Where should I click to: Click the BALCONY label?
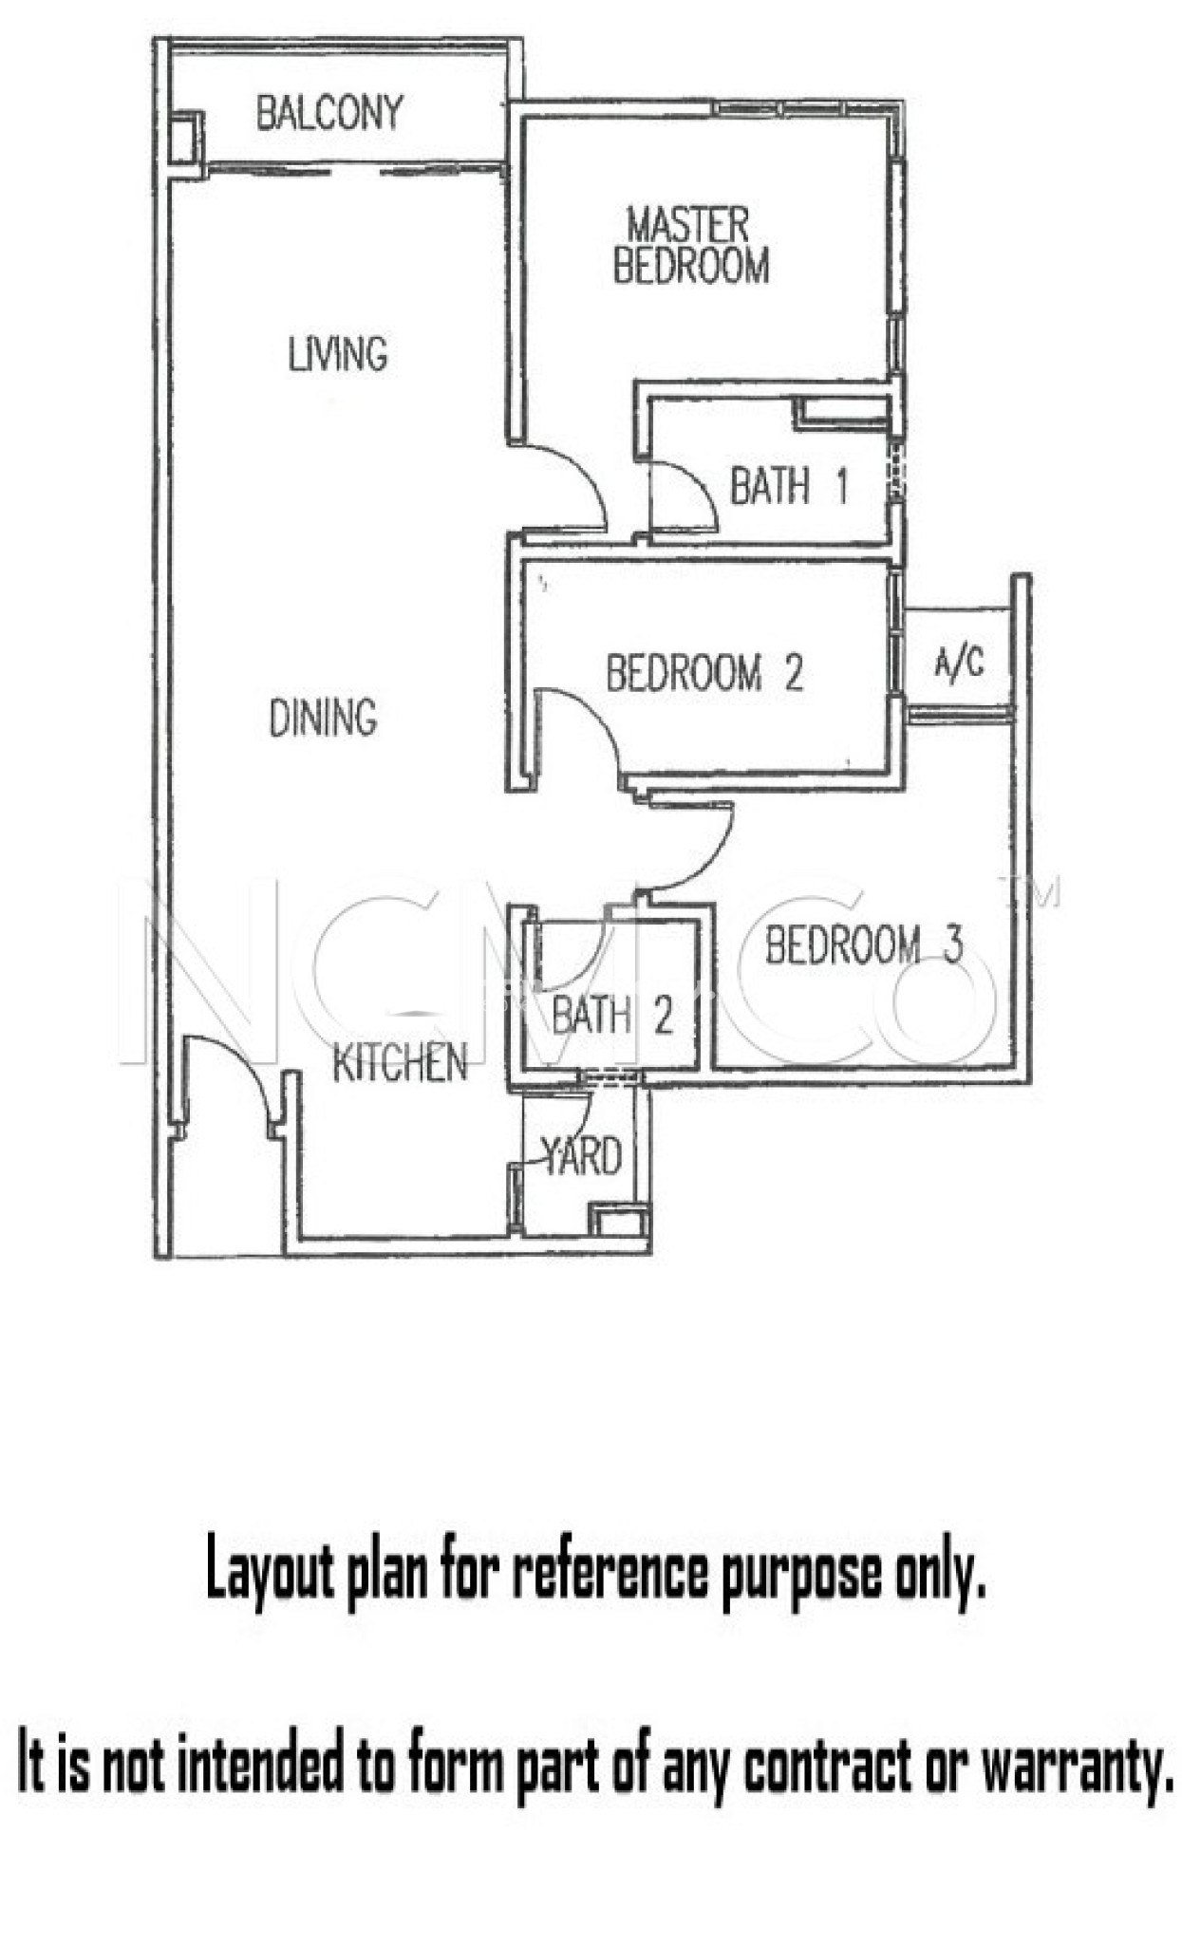tap(328, 113)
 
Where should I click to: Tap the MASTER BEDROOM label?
tap(690, 246)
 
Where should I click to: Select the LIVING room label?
tap(338, 353)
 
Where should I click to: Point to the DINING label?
tap(323, 717)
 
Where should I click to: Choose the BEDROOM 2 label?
tap(704, 673)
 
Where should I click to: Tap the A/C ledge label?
tap(958, 662)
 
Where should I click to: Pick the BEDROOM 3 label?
tap(864, 944)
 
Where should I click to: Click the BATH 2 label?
tap(611, 1015)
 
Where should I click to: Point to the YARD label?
tap(581, 1155)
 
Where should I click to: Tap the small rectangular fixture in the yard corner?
tap(618, 1220)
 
